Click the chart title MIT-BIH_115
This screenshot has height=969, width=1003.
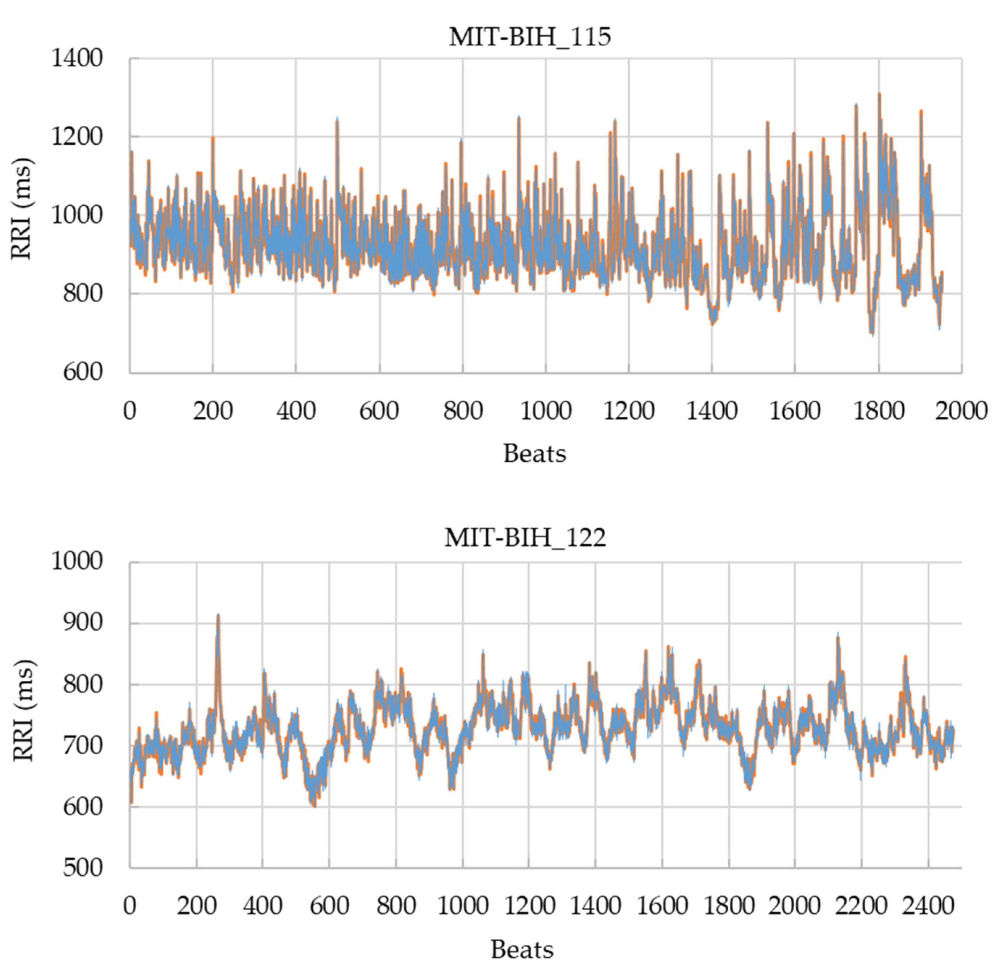point(530,37)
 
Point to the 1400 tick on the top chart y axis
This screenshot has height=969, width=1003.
point(77,58)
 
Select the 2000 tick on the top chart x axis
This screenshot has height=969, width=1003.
point(961,411)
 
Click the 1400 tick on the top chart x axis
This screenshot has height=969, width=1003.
point(711,411)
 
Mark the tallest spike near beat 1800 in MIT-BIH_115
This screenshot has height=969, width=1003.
point(879,95)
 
